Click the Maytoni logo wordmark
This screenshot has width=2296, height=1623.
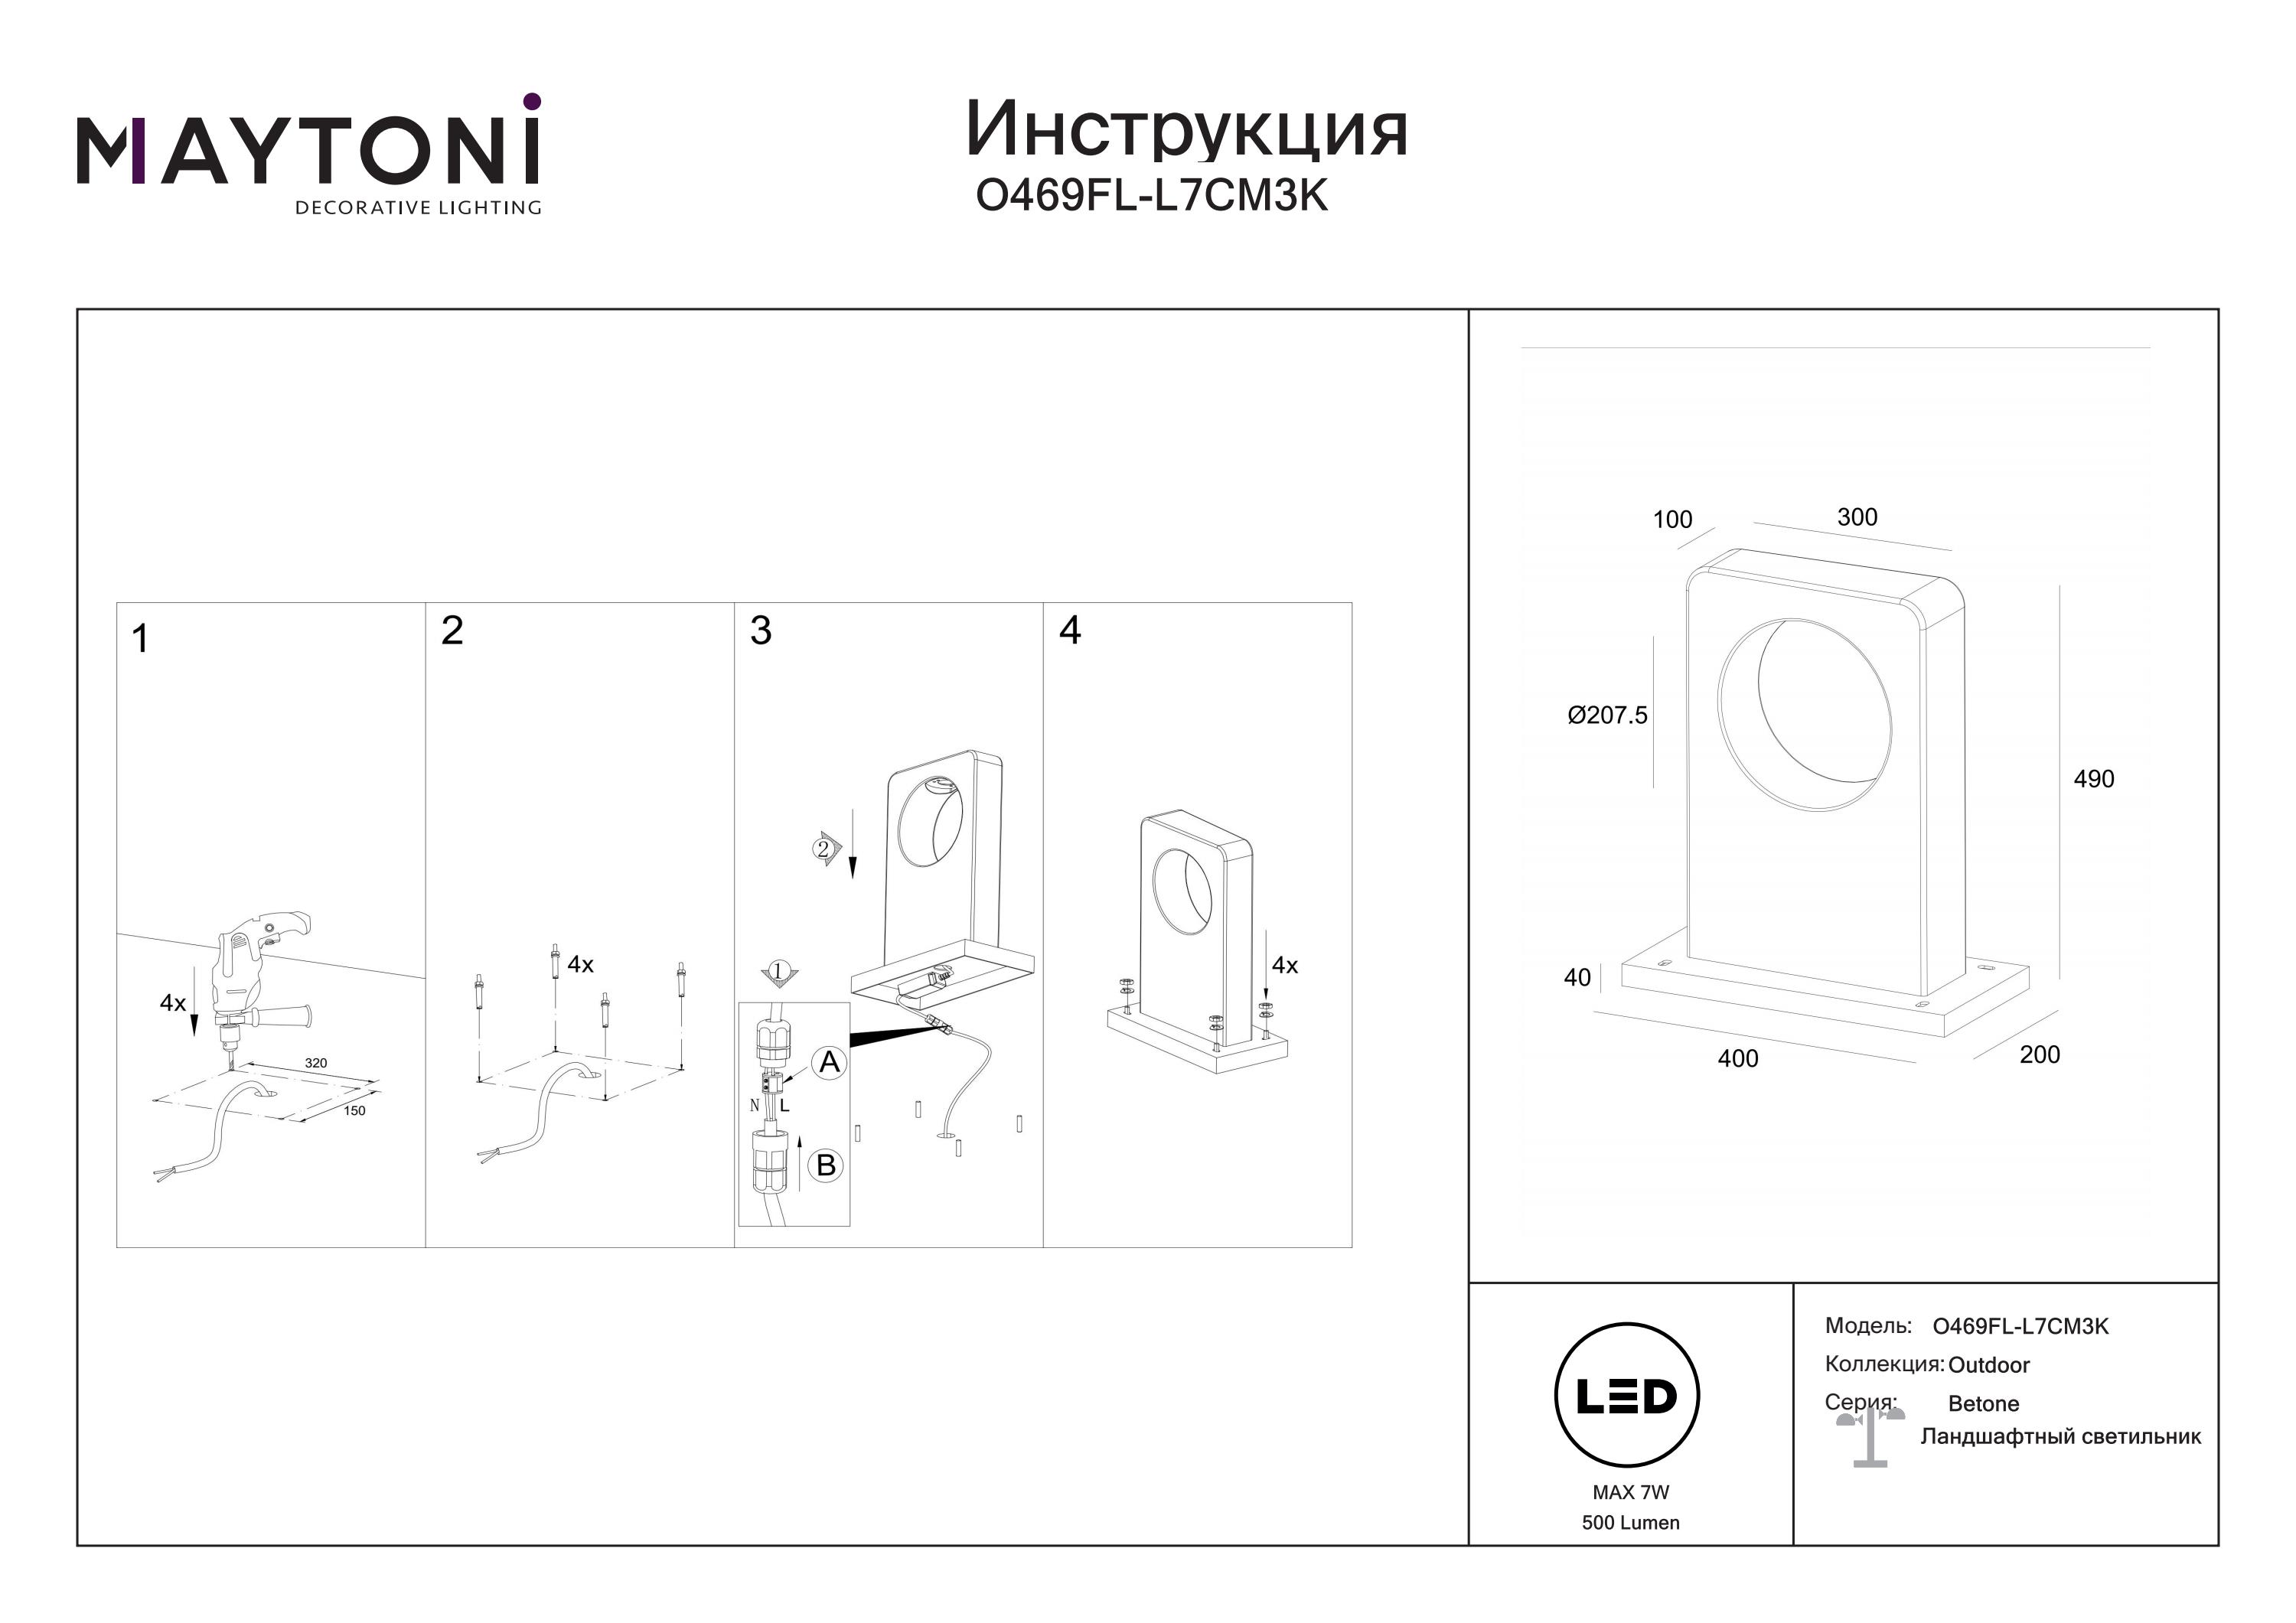(308, 152)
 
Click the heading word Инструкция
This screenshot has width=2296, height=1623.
(1186, 131)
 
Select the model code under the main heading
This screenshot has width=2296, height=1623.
(1151, 196)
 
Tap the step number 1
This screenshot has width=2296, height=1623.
(140, 639)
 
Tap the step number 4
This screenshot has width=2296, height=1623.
(1069, 630)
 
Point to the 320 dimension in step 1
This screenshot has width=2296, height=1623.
(316, 1063)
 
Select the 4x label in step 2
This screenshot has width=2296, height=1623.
(580, 964)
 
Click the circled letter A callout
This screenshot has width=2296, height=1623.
(829, 1063)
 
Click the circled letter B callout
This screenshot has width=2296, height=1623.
(826, 1165)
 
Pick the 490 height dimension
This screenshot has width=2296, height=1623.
(2093, 779)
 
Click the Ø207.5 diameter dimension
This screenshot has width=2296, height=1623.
(1607, 715)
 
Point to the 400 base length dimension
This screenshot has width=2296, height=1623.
(1737, 1059)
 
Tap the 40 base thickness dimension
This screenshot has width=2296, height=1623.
(1577, 977)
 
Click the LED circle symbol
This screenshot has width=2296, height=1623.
(1627, 1396)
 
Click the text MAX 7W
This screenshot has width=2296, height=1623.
(1631, 1493)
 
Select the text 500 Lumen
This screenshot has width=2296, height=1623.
(1630, 1523)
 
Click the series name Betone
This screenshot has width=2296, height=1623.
(1983, 1404)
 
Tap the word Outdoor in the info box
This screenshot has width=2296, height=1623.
(1988, 1365)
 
